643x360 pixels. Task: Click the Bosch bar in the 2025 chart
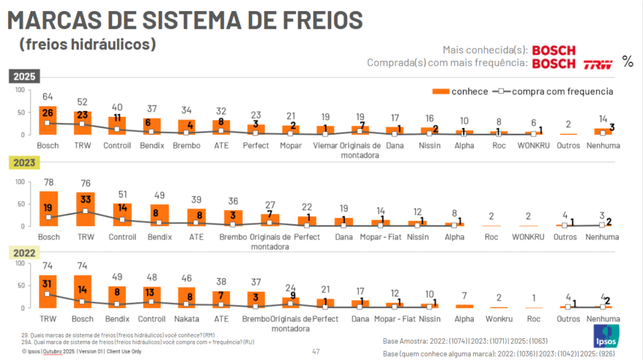[x=48, y=120]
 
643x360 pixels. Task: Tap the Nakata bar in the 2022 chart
[x=187, y=297]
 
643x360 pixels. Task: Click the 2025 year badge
[x=24, y=76]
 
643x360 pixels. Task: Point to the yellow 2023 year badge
[x=24, y=163]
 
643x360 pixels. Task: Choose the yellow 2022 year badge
[x=24, y=252]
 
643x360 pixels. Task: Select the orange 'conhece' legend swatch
[x=442, y=91]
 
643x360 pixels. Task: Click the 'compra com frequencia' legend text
[x=562, y=92]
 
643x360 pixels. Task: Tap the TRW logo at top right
[x=598, y=64]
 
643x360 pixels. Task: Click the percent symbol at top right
[x=628, y=62]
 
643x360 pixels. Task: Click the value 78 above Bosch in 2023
[x=48, y=184]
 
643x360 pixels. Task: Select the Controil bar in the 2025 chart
[x=117, y=125]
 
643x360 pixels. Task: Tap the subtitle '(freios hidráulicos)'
[x=87, y=45]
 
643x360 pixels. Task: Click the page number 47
[x=316, y=351]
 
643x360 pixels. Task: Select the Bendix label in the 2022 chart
[x=117, y=319]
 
